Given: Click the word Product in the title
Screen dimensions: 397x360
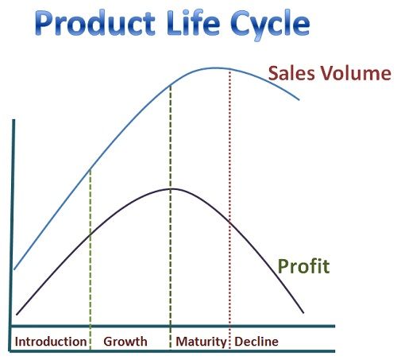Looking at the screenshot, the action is pyautogui.click(x=94, y=23).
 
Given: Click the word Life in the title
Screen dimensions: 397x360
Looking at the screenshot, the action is pyautogui.click(x=193, y=22).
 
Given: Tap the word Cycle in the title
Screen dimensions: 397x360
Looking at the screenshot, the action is pyautogui.click(x=270, y=25).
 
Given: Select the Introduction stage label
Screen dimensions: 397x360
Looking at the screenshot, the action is pyautogui.click(x=51, y=342).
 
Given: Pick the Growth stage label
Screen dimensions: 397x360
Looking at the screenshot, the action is pyautogui.click(x=125, y=342).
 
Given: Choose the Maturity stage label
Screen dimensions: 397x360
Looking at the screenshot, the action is pyautogui.click(x=201, y=342).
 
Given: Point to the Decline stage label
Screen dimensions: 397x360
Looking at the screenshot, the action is pyautogui.click(x=256, y=342).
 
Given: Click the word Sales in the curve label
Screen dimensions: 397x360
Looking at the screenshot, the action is pyautogui.click(x=291, y=73).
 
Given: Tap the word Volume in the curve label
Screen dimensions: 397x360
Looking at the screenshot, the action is pyautogui.click(x=356, y=73).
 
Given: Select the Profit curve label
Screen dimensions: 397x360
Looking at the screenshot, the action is pyautogui.click(x=303, y=266).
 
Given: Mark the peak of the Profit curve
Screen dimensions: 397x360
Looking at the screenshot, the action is pyautogui.click(x=172, y=188).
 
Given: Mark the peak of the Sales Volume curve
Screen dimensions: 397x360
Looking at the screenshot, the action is pyautogui.click(x=216, y=68).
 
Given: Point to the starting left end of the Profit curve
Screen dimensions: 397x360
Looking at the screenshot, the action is pyautogui.click(x=17, y=315).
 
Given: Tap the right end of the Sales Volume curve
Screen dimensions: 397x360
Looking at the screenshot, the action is pyautogui.click(x=299, y=100).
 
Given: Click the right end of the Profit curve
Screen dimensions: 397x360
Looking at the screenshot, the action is pyautogui.click(x=303, y=313).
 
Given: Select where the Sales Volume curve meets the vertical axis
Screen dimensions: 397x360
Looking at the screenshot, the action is pyautogui.click(x=14, y=269).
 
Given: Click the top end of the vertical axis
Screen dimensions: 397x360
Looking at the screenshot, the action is pyautogui.click(x=13, y=120).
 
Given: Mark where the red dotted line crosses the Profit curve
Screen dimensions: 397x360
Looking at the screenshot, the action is pyautogui.click(x=229, y=222).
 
